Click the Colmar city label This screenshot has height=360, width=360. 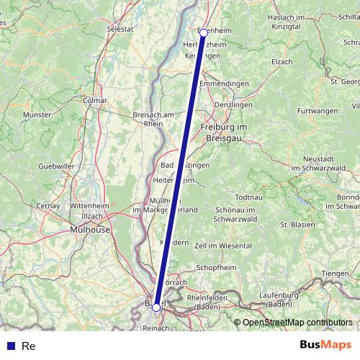[95, 101]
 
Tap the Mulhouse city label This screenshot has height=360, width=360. [90, 230]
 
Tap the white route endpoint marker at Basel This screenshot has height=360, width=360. [156, 307]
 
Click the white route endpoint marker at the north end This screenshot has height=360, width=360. [204, 32]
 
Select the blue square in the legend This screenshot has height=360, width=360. [10, 346]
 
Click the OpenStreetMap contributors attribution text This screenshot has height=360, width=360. [297, 323]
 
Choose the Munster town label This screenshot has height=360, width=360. [37, 114]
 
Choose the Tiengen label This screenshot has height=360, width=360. [335, 273]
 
